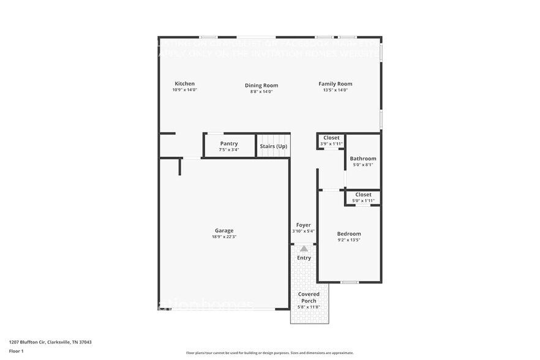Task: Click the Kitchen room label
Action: (184, 84)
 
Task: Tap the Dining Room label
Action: (261, 86)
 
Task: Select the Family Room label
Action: (335, 84)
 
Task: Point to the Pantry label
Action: (229, 144)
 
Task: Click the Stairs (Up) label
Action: (273, 146)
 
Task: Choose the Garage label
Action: (223, 231)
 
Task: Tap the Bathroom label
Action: (363, 159)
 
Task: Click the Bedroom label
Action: (349, 234)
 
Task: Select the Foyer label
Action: (303, 225)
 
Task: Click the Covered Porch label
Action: (309, 297)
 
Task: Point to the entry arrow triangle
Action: (304, 248)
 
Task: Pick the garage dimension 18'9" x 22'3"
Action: (223, 237)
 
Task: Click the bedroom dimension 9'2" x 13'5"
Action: (349, 240)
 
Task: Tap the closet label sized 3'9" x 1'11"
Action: (331, 138)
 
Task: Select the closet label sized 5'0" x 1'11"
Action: (363, 195)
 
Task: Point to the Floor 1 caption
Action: (16, 351)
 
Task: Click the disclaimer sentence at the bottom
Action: (269, 353)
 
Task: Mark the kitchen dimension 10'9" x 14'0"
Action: (184, 90)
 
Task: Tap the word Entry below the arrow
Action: (304, 258)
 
